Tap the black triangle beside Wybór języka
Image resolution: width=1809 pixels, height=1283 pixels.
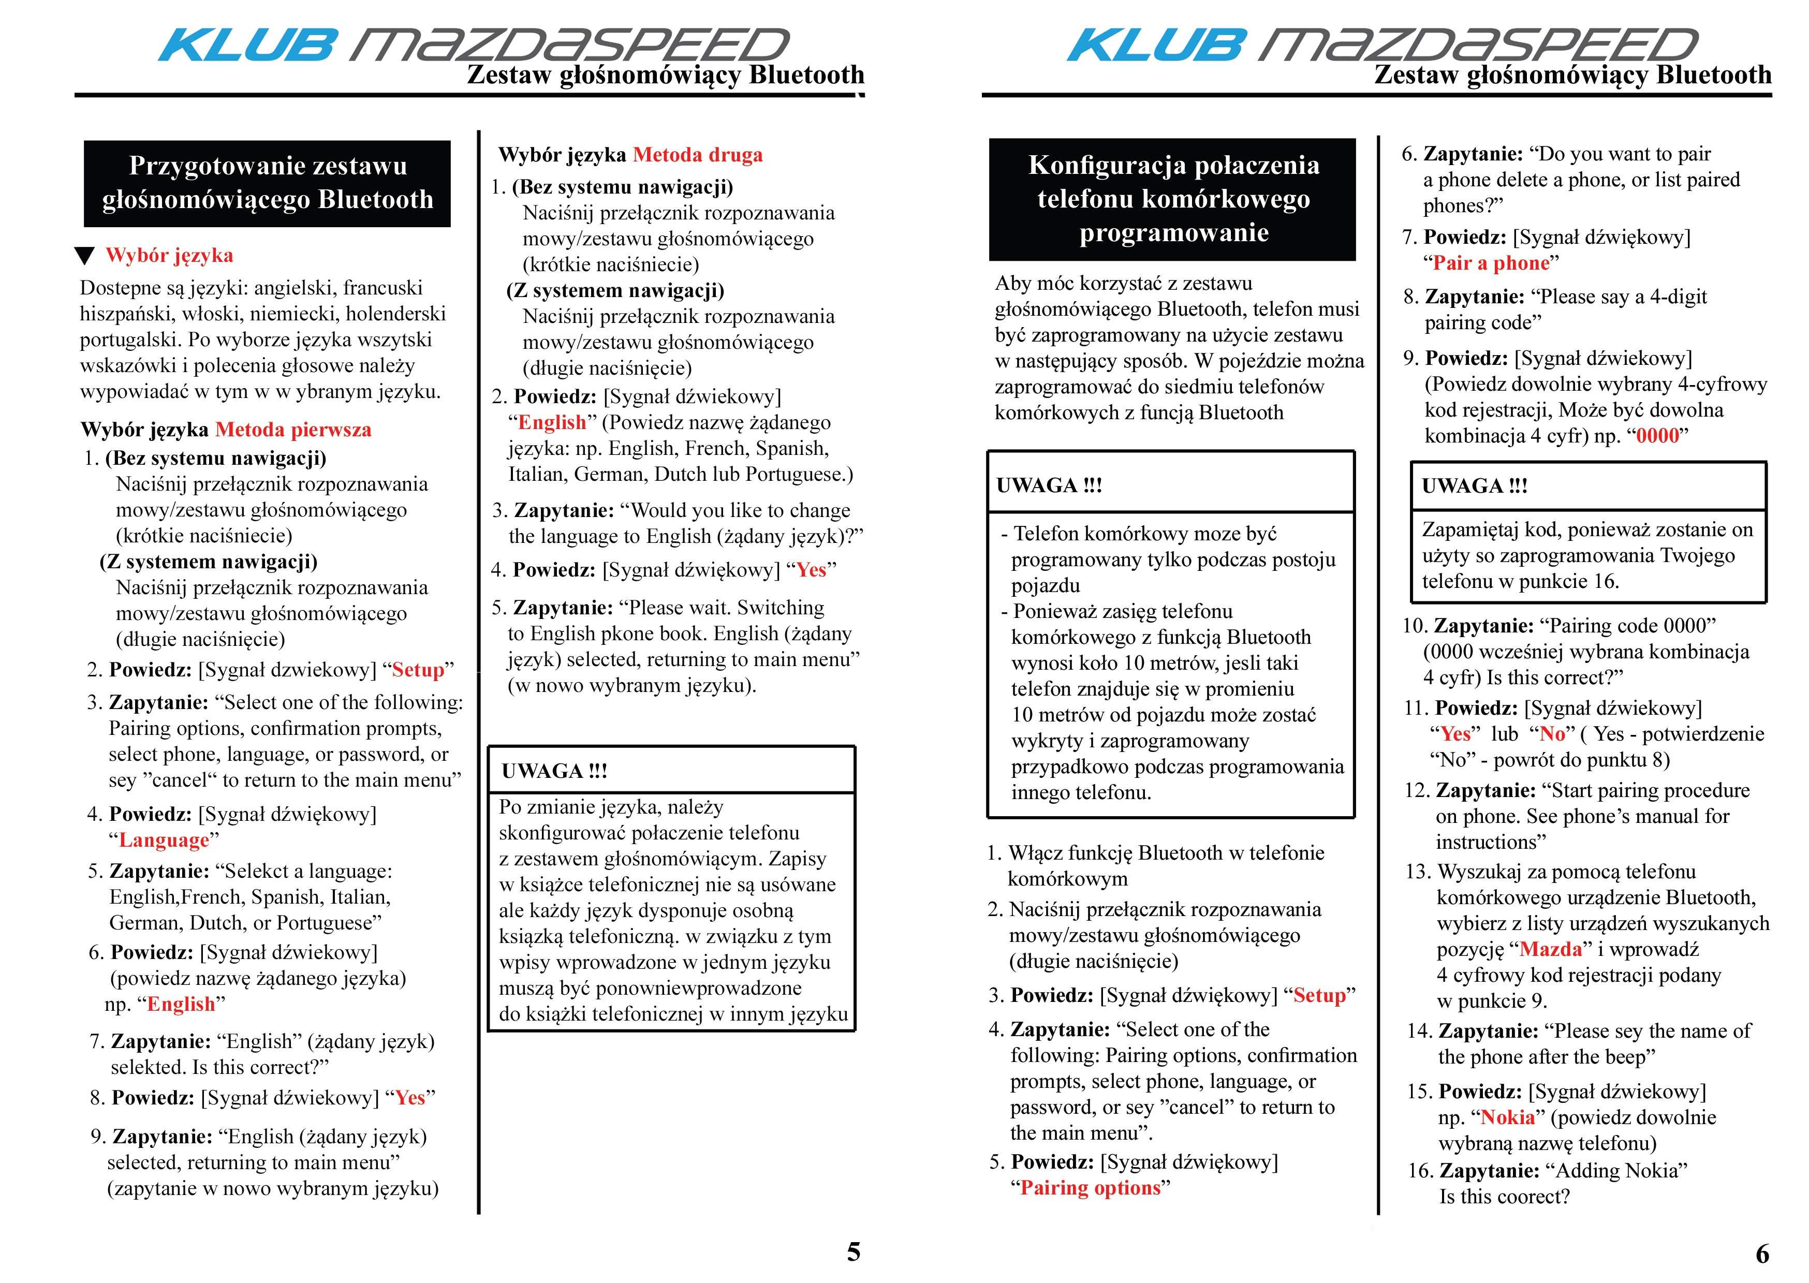(x=84, y=256)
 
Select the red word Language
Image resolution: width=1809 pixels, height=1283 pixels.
(x=164, y=840)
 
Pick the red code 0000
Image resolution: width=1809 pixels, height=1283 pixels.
(x=1657, y=435)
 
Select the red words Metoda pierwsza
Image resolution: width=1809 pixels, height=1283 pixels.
(x=293, y=430)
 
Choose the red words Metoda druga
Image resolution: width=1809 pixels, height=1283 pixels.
(x=698, y=155)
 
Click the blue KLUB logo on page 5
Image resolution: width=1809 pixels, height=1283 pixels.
(x=246, y=45)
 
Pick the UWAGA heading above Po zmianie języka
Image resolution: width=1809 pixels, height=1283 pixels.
(x=554, y=771)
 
